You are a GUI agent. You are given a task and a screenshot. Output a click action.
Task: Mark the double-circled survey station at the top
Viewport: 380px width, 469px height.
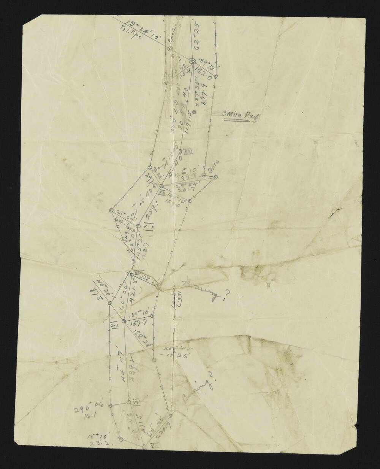coord(192,61)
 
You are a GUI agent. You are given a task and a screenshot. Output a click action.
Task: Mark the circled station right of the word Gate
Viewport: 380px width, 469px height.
coord(215,177)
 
